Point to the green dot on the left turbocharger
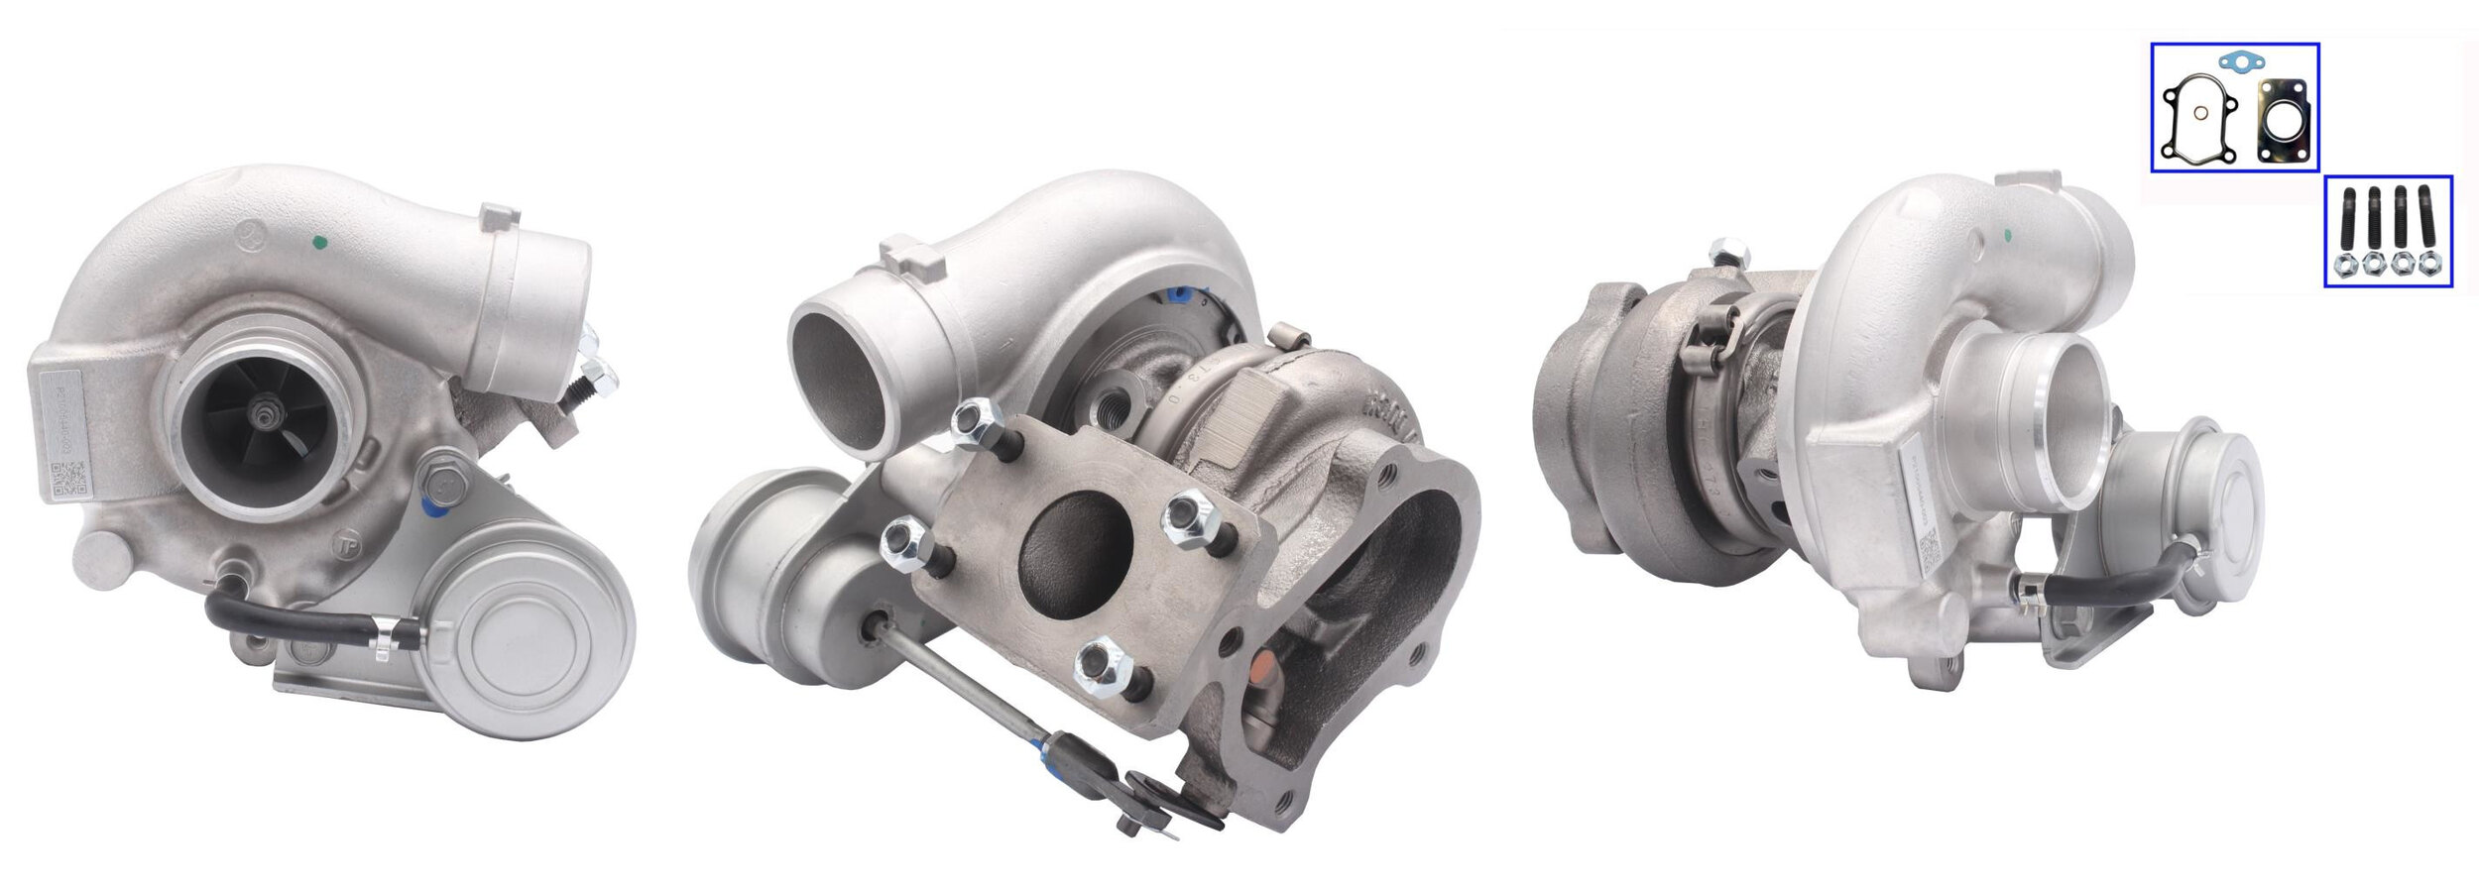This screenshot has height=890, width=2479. pyautogui.click(x=319, y=241)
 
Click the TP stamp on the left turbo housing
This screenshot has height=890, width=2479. pyautogui.click(x=347, y=548)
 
